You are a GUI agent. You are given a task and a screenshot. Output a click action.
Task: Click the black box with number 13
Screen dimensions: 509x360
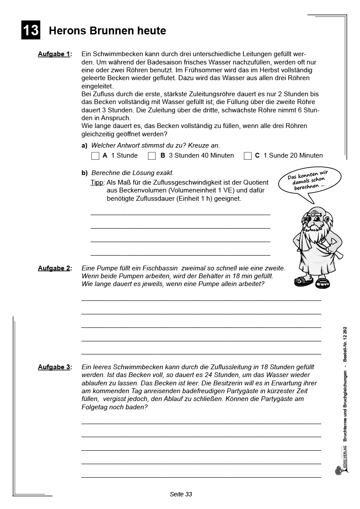(30, 30)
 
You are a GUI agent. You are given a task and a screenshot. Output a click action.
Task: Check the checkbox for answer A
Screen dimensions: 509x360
(95, 156)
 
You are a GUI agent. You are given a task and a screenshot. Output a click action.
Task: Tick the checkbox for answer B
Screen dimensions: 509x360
(152, 156)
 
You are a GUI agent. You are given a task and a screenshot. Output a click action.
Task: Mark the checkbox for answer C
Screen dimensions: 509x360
(248, 156)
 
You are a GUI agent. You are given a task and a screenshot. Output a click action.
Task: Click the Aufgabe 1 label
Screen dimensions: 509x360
(54, 54)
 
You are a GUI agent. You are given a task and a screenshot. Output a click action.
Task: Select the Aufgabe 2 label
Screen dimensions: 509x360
(54, 268)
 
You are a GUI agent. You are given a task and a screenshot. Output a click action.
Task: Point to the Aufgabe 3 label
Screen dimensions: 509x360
(54, 367)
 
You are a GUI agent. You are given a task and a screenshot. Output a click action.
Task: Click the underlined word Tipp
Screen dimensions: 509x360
(97, 182)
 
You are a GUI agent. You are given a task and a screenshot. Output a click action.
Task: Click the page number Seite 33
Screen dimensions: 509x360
(181, 494)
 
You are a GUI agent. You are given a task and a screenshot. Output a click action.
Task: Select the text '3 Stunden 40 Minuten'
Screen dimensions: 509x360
(201, 155)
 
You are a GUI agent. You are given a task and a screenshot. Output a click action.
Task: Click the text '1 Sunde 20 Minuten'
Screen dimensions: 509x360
(293, 155)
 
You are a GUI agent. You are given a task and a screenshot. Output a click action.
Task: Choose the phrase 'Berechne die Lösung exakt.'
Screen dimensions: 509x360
(132, 173)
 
